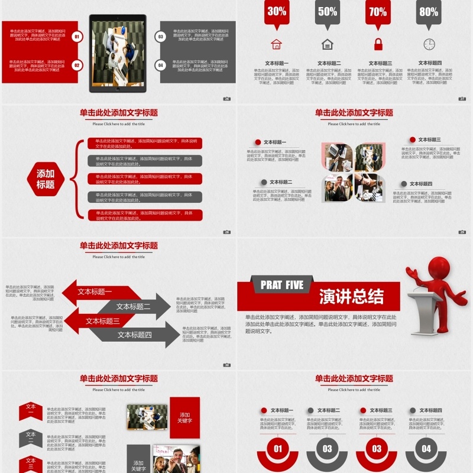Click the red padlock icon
(x=378, y=44)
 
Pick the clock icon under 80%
(x=429, y=44)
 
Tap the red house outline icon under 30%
(x=276, y=44)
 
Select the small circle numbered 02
(x=77, y=65)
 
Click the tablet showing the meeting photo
(x=117, y=53)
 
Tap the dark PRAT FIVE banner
(x=282, y=285)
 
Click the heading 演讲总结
(x=351, y=296)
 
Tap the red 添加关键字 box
(x=184, y=417)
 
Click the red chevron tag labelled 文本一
(x=31, y=410)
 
